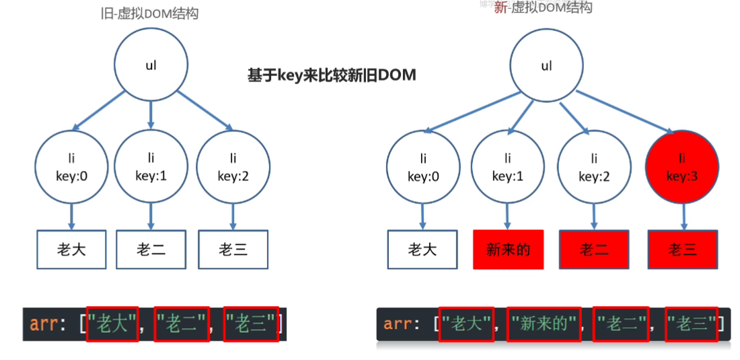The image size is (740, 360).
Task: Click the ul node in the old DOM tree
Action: coord(151,66)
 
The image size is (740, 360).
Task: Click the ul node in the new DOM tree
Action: coord(546,66)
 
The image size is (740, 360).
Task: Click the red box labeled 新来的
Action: coord(508,250)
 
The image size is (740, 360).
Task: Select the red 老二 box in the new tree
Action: coord(594,250)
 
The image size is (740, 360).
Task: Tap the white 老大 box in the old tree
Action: coord(71,250)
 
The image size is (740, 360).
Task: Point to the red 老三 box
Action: coord(682,250)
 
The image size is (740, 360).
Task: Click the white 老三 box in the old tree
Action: coord(233,250)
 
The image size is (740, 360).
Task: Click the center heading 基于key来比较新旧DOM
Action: coord(332,75)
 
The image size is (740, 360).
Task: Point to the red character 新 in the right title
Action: coord(500,8)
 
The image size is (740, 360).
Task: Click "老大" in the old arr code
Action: coord(113,324)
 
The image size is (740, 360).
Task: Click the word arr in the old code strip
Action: coord(44,324)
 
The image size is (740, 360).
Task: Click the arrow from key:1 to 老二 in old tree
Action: coord(151,215)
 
